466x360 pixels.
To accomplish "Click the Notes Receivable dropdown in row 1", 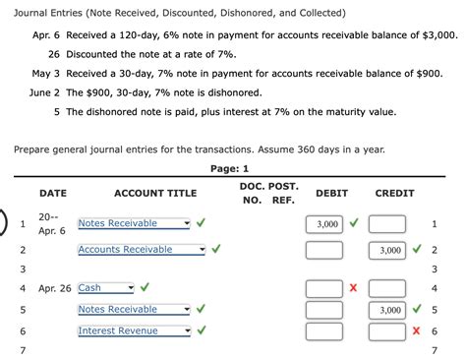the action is (134, 223).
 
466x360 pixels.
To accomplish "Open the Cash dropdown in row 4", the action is (104, 288).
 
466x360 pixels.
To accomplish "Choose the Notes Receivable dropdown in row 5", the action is (134, 310).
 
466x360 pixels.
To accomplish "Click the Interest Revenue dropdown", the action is (134, 330).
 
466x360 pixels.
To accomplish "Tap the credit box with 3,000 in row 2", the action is (386, 251).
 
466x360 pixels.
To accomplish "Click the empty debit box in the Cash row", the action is (323, 288).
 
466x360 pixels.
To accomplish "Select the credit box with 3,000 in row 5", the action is (386, 310).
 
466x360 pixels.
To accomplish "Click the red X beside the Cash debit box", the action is (353, 288).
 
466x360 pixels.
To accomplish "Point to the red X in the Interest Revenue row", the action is (417, 331).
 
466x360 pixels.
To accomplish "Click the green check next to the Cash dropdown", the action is (145, 288).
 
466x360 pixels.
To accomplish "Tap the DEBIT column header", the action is (330, 194).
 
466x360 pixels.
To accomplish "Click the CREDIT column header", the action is (394, 194).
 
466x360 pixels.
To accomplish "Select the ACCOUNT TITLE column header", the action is (155, 194).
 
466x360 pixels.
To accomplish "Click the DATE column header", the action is (53, 194).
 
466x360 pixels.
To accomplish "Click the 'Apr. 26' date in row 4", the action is (55, 288).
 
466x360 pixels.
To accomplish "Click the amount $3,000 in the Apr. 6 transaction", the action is (439, 34).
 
